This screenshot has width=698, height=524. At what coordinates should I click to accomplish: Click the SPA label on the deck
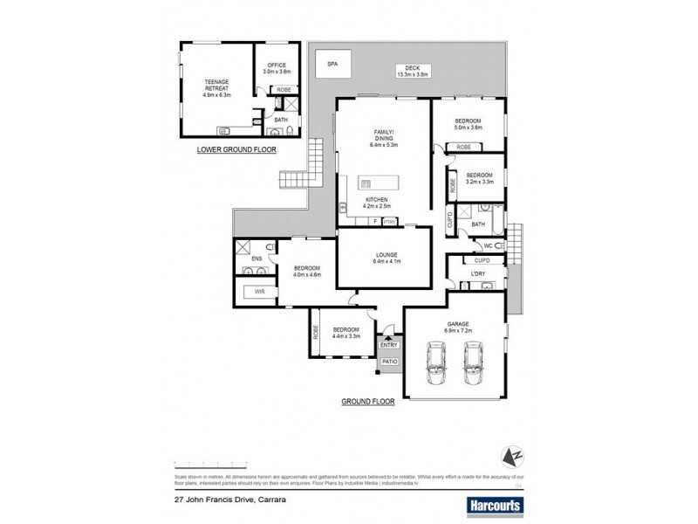point(332,64)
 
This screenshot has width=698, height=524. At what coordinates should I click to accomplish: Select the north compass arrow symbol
point(512,455)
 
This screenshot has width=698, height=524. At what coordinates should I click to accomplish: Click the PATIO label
point(389,361)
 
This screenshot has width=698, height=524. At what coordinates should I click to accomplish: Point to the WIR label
point(259,291)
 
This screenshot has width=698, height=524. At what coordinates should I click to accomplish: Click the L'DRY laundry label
point(477,275)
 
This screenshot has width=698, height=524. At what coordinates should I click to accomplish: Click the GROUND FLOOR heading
point(366,403)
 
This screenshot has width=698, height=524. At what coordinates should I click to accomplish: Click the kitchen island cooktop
point(366,183)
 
